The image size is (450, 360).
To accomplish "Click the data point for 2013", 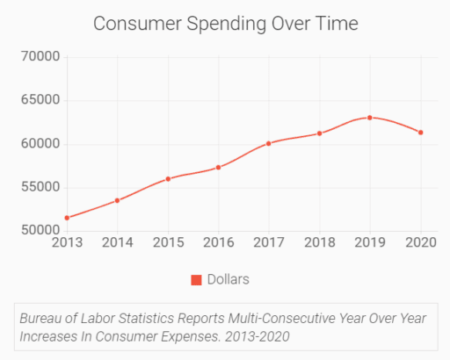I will [67, 218].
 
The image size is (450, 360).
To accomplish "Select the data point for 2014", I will [117, 200].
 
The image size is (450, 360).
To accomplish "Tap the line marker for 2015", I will [168, 179].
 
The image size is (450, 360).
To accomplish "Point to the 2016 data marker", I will [218, 167].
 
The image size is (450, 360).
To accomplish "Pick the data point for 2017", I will [269, 143].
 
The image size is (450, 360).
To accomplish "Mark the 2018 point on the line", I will [320, 133].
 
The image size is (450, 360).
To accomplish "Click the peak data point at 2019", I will [370, 118].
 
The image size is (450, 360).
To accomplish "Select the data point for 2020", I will [421, 133].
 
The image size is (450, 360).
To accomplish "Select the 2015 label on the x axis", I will [168, 242].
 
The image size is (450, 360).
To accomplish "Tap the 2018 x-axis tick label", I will [320, 242].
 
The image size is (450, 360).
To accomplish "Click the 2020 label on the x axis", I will [421, 242].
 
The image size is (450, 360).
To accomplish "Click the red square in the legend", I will [197, 280].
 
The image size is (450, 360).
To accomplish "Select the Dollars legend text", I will [229, 280].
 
